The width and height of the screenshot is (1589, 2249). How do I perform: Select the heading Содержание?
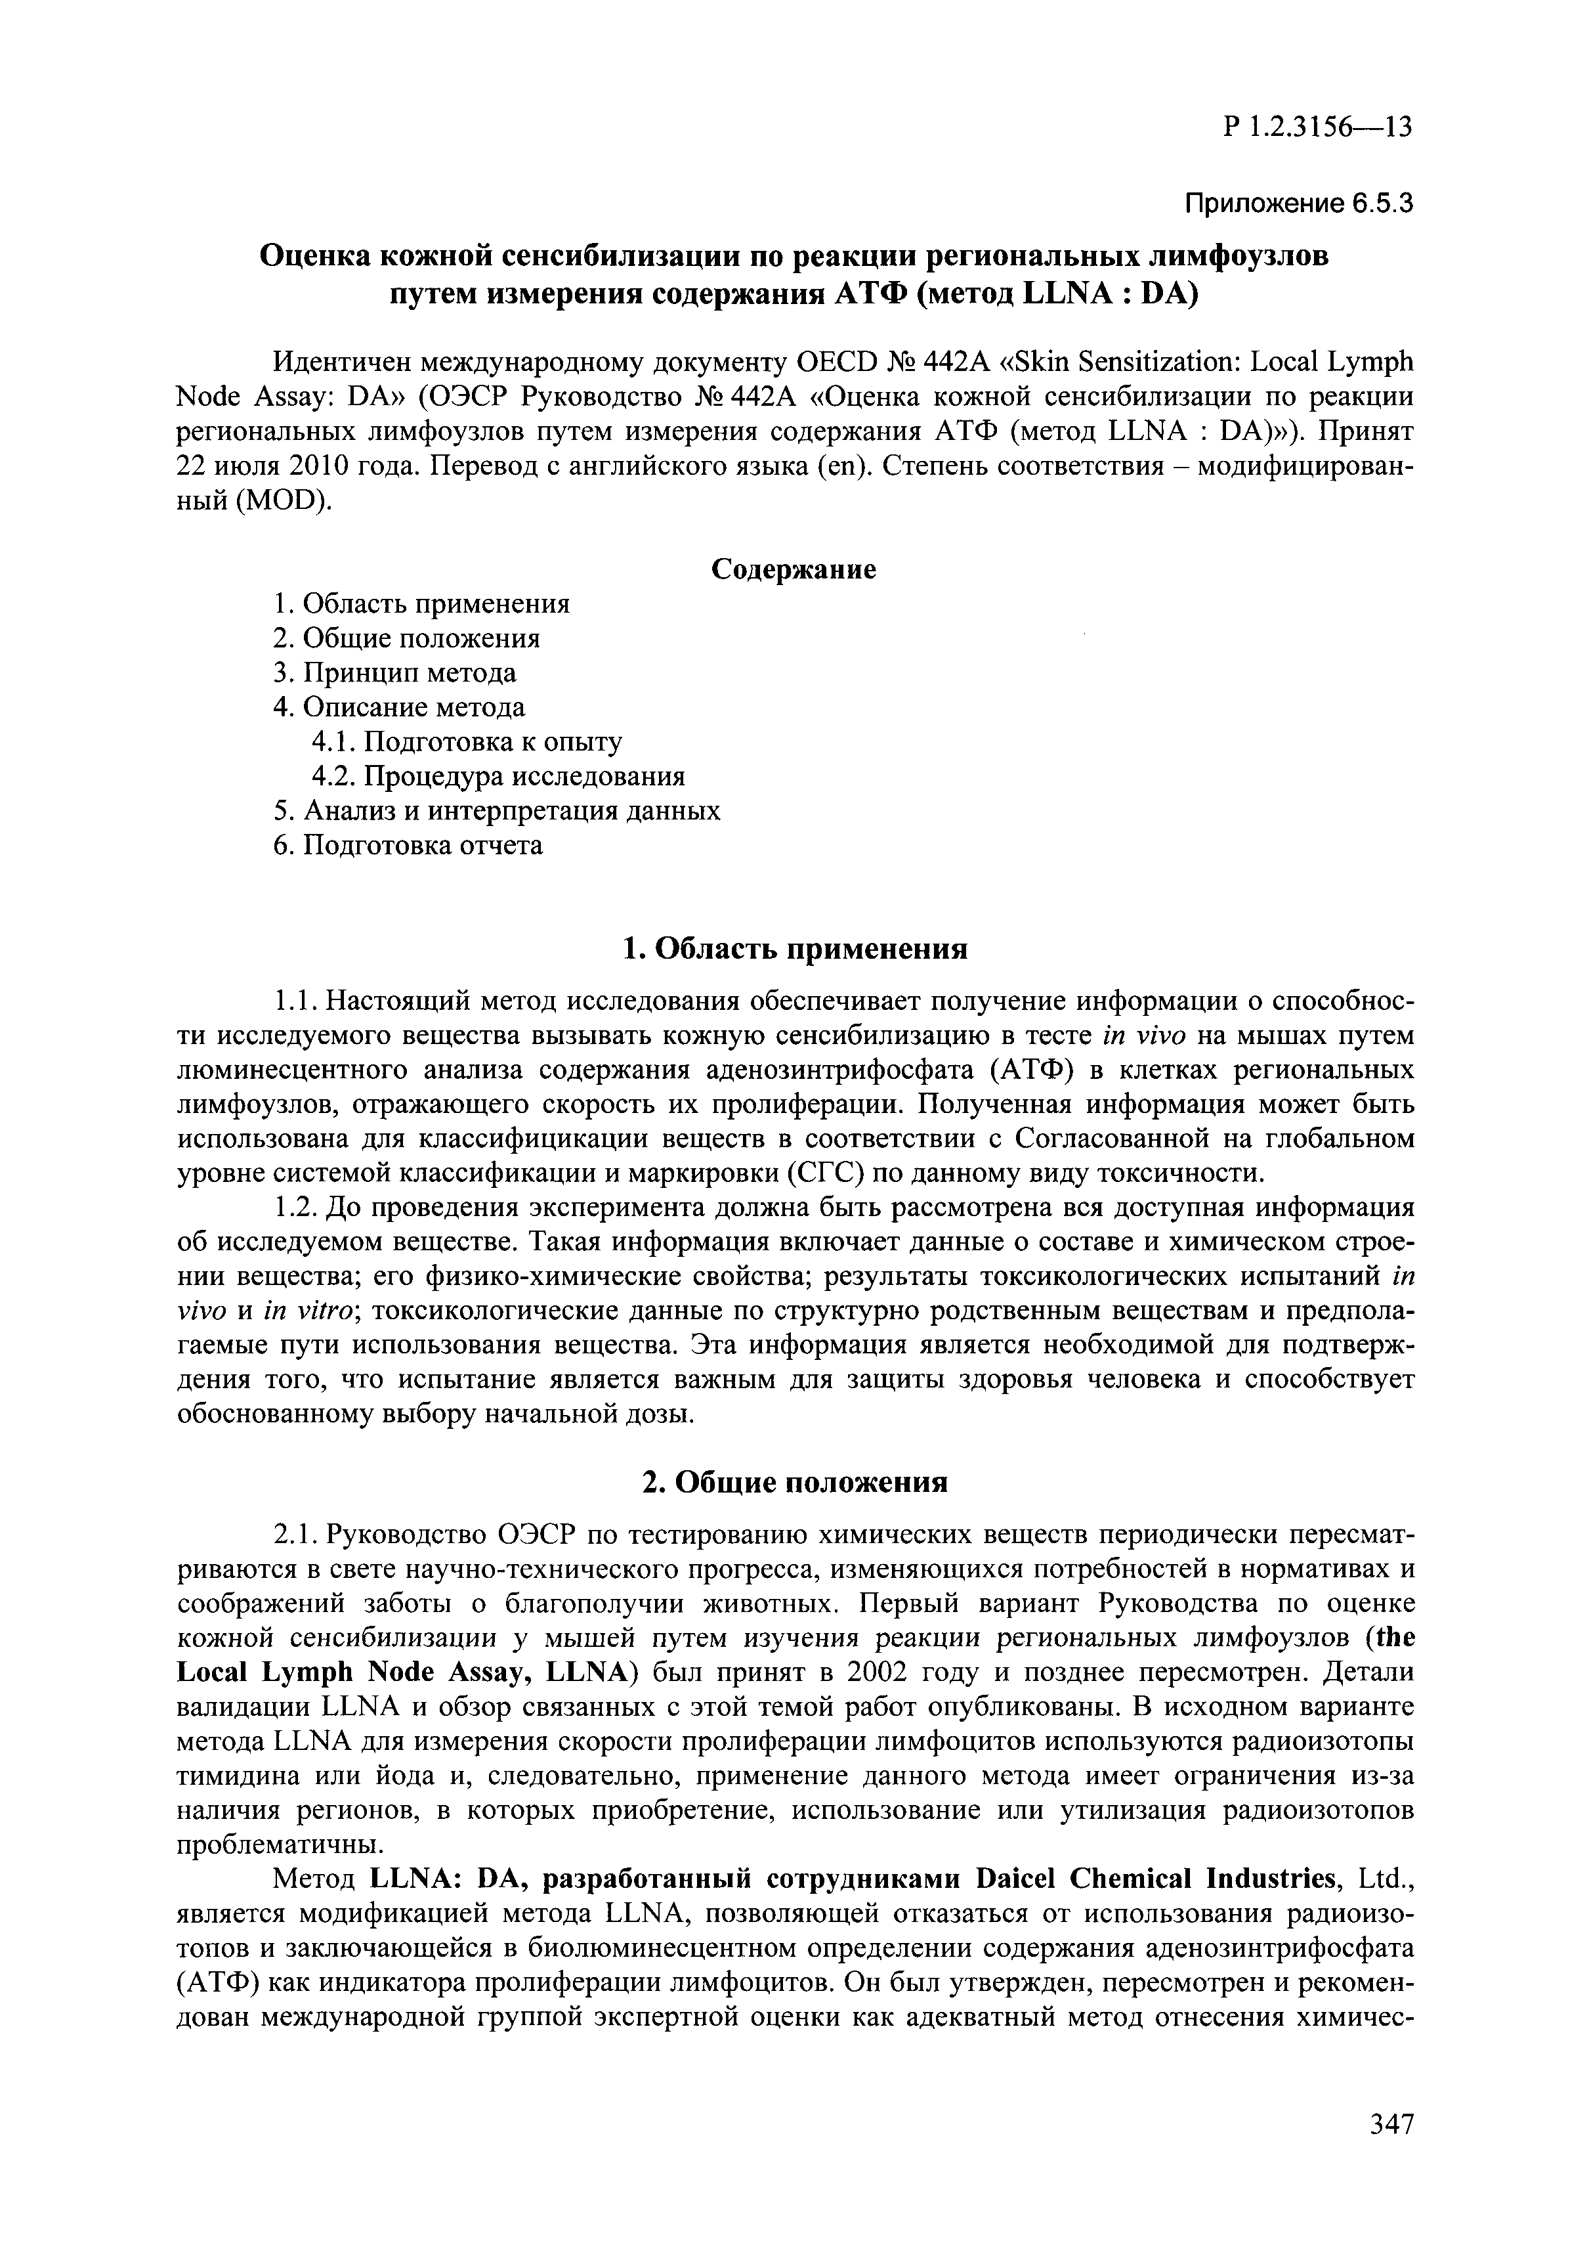(x=793, y=569)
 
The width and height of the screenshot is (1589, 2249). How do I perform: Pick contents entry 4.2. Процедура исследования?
(x=498, y=775)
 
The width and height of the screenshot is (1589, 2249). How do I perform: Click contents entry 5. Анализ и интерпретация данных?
(x=496, y=810)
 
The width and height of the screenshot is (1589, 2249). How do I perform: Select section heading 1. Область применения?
(x=795, y=948)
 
